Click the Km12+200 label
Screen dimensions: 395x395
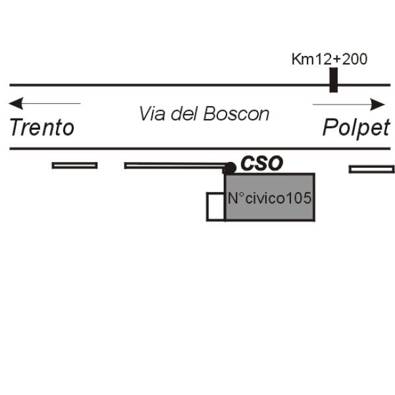point(329,59)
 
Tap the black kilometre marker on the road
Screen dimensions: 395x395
point(334,80)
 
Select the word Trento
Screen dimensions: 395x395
point(41,127)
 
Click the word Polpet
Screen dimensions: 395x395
point(356,127)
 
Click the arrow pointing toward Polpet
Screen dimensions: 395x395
point(348,104)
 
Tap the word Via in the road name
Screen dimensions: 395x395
point(151,114)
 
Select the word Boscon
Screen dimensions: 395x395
point(236,114)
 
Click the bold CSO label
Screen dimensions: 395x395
point(261,163)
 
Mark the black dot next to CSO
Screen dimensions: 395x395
point(230,168)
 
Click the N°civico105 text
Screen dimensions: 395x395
point(269,198)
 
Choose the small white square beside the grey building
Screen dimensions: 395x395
point(216,206)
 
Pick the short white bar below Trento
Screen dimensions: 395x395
point(74,165)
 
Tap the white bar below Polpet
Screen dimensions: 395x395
point(371,169)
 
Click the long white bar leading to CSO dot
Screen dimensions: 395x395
point(174,165)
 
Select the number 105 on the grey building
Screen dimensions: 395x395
point(299,198)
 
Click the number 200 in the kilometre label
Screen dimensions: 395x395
point(355,59)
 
